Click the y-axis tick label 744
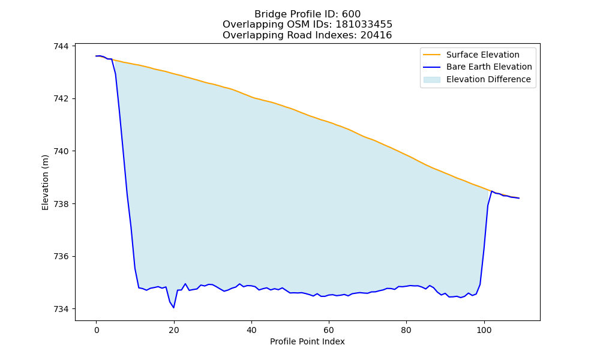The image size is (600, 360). [61, 46]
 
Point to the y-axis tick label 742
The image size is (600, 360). [61, 99]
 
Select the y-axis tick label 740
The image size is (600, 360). [61, 151]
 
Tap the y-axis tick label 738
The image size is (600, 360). [61, 204]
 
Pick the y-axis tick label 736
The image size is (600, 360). [61, 256]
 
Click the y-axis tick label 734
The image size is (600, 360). [61, 309]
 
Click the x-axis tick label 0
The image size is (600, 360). [97, 330]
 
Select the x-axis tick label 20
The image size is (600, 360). [174, 330]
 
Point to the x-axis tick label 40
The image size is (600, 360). [251, 330]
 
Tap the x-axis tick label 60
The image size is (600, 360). [329, 330]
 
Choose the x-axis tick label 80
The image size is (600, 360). [406, 330]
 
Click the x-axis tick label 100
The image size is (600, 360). [484, 330]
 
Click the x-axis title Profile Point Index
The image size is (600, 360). [307, 341]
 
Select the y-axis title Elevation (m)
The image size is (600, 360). [45, 182]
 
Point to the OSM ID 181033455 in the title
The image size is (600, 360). [364, 25]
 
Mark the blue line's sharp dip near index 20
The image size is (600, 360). [174, 307]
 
